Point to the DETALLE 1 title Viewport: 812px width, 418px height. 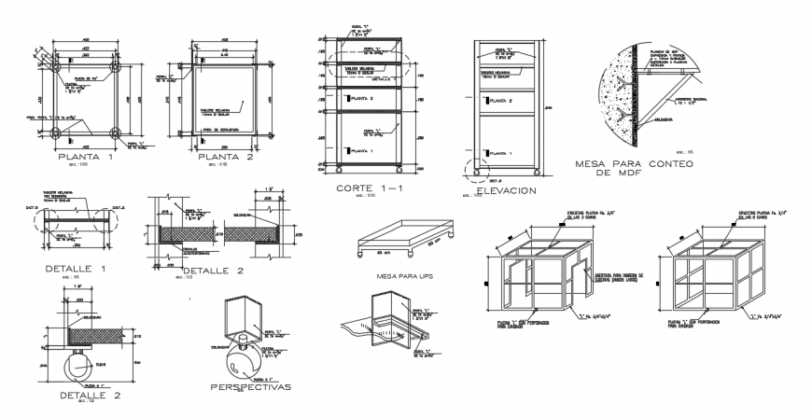76,269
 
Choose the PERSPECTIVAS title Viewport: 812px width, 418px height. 250,386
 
